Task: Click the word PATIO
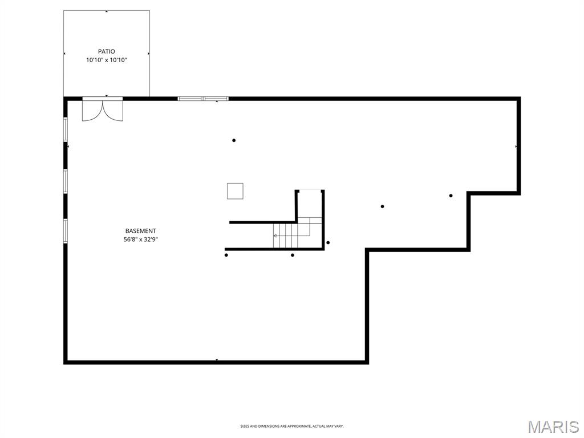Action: tap(106, 51)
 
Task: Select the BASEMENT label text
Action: tap(140, 231)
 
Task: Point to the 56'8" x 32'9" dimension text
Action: tap(140, 240)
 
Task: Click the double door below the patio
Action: tap(103, 109)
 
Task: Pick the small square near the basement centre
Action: tap(235, 191)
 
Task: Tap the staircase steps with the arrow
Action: tap(285, 236)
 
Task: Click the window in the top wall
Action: tap(203, 99)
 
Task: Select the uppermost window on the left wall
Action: tap(66, 129)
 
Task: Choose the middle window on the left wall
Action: tap(66, 181)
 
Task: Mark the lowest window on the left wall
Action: tap(66, 231)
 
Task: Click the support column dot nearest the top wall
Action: tap(234, 140)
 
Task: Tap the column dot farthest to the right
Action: tap(451, 196)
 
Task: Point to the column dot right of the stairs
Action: tap(328, 242)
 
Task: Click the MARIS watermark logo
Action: tap(553, 427)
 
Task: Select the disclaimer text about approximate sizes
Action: tap(291, 426)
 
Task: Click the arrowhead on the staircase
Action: tap(275, 236)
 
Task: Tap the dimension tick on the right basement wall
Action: tap(516, 147)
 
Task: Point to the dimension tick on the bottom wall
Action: tap(217, 360)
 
